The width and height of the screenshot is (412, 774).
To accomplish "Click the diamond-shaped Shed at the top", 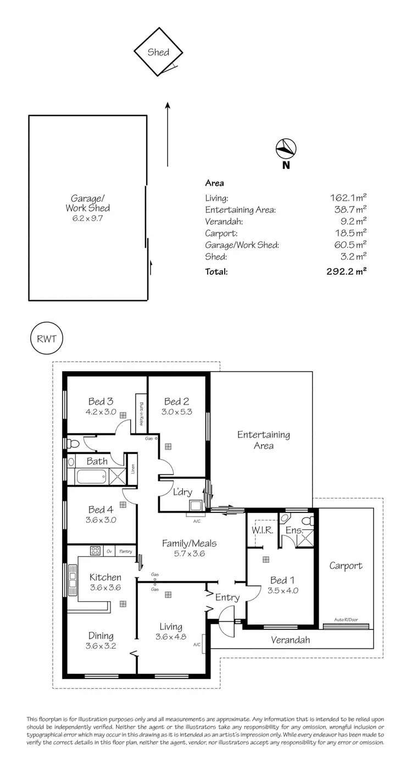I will click(x=158, y=53).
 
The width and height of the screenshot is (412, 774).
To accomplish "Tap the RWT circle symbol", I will click(x=46, y=338).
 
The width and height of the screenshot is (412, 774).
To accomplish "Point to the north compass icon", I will click(x=286, y=148).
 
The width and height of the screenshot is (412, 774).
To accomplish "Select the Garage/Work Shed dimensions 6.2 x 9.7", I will click(x=87, y=218).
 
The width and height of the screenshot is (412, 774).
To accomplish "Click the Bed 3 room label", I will click(x=102, y=401).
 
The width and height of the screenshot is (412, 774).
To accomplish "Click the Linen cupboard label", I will click(x=132, y=468).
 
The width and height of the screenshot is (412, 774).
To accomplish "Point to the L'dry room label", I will click(x=181, y=491).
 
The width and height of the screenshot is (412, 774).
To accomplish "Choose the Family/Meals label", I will click(x=189, y=543).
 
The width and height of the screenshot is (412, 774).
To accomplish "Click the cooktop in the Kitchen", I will click(x=94, y=551).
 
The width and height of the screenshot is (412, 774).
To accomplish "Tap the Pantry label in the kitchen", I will click(x=126, y=551).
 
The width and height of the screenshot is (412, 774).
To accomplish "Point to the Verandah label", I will click(x=291, y=640).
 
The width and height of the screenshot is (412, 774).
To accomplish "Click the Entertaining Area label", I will click(x=263, y=440).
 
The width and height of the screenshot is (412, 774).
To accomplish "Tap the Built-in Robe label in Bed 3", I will click(x=141, y=413).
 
